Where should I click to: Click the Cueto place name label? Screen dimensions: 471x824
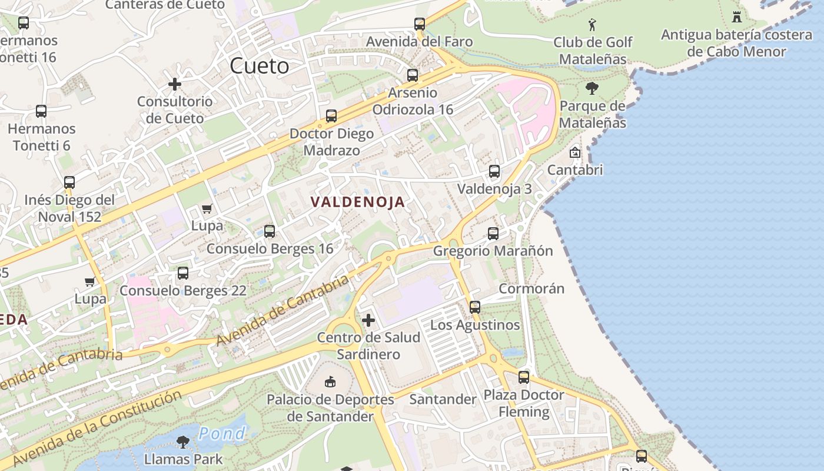click(x=259, y=65)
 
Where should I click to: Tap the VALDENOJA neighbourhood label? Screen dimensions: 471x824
click(x=358, y=202)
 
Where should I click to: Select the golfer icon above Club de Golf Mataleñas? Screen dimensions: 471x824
click(x=592, y=25)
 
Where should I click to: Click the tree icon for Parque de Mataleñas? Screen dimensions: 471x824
click(x=592, y=88)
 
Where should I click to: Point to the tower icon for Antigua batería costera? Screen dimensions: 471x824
click(x=736, y=16)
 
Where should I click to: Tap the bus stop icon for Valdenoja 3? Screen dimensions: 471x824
click(x=494, y=171)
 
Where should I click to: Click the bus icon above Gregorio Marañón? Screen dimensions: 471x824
click(x=493, y=234)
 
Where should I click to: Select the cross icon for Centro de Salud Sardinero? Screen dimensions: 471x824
click(x=368, y=320)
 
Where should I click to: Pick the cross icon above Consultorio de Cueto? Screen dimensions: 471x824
click(x=175, y=84)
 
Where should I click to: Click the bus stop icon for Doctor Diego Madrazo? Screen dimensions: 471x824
click(x=331, y=116)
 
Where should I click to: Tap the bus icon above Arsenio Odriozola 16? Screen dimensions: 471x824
click(x=413, y=75)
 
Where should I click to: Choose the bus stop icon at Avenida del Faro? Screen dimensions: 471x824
click(x=419, y=24)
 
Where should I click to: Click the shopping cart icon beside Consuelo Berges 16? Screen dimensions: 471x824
click(x=207, y=208)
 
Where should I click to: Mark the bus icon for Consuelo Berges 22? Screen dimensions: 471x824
click(x=183, y=273)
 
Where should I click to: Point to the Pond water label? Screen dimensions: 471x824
click(x=222, y=434)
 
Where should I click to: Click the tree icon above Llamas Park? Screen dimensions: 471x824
click(x=183, y=442)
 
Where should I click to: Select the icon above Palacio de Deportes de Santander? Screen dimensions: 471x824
click(x=330, y=382)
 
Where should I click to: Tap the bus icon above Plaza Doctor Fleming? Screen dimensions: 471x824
click(x=524, y=377)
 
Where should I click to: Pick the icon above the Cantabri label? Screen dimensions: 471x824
click(x=574, y=152)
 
